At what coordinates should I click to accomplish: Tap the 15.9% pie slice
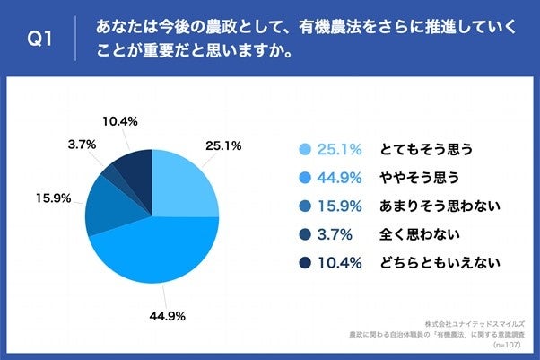click(112, 206)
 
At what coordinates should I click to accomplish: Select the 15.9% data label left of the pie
click(53, 198)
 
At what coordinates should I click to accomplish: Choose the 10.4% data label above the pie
click(118, 120)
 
